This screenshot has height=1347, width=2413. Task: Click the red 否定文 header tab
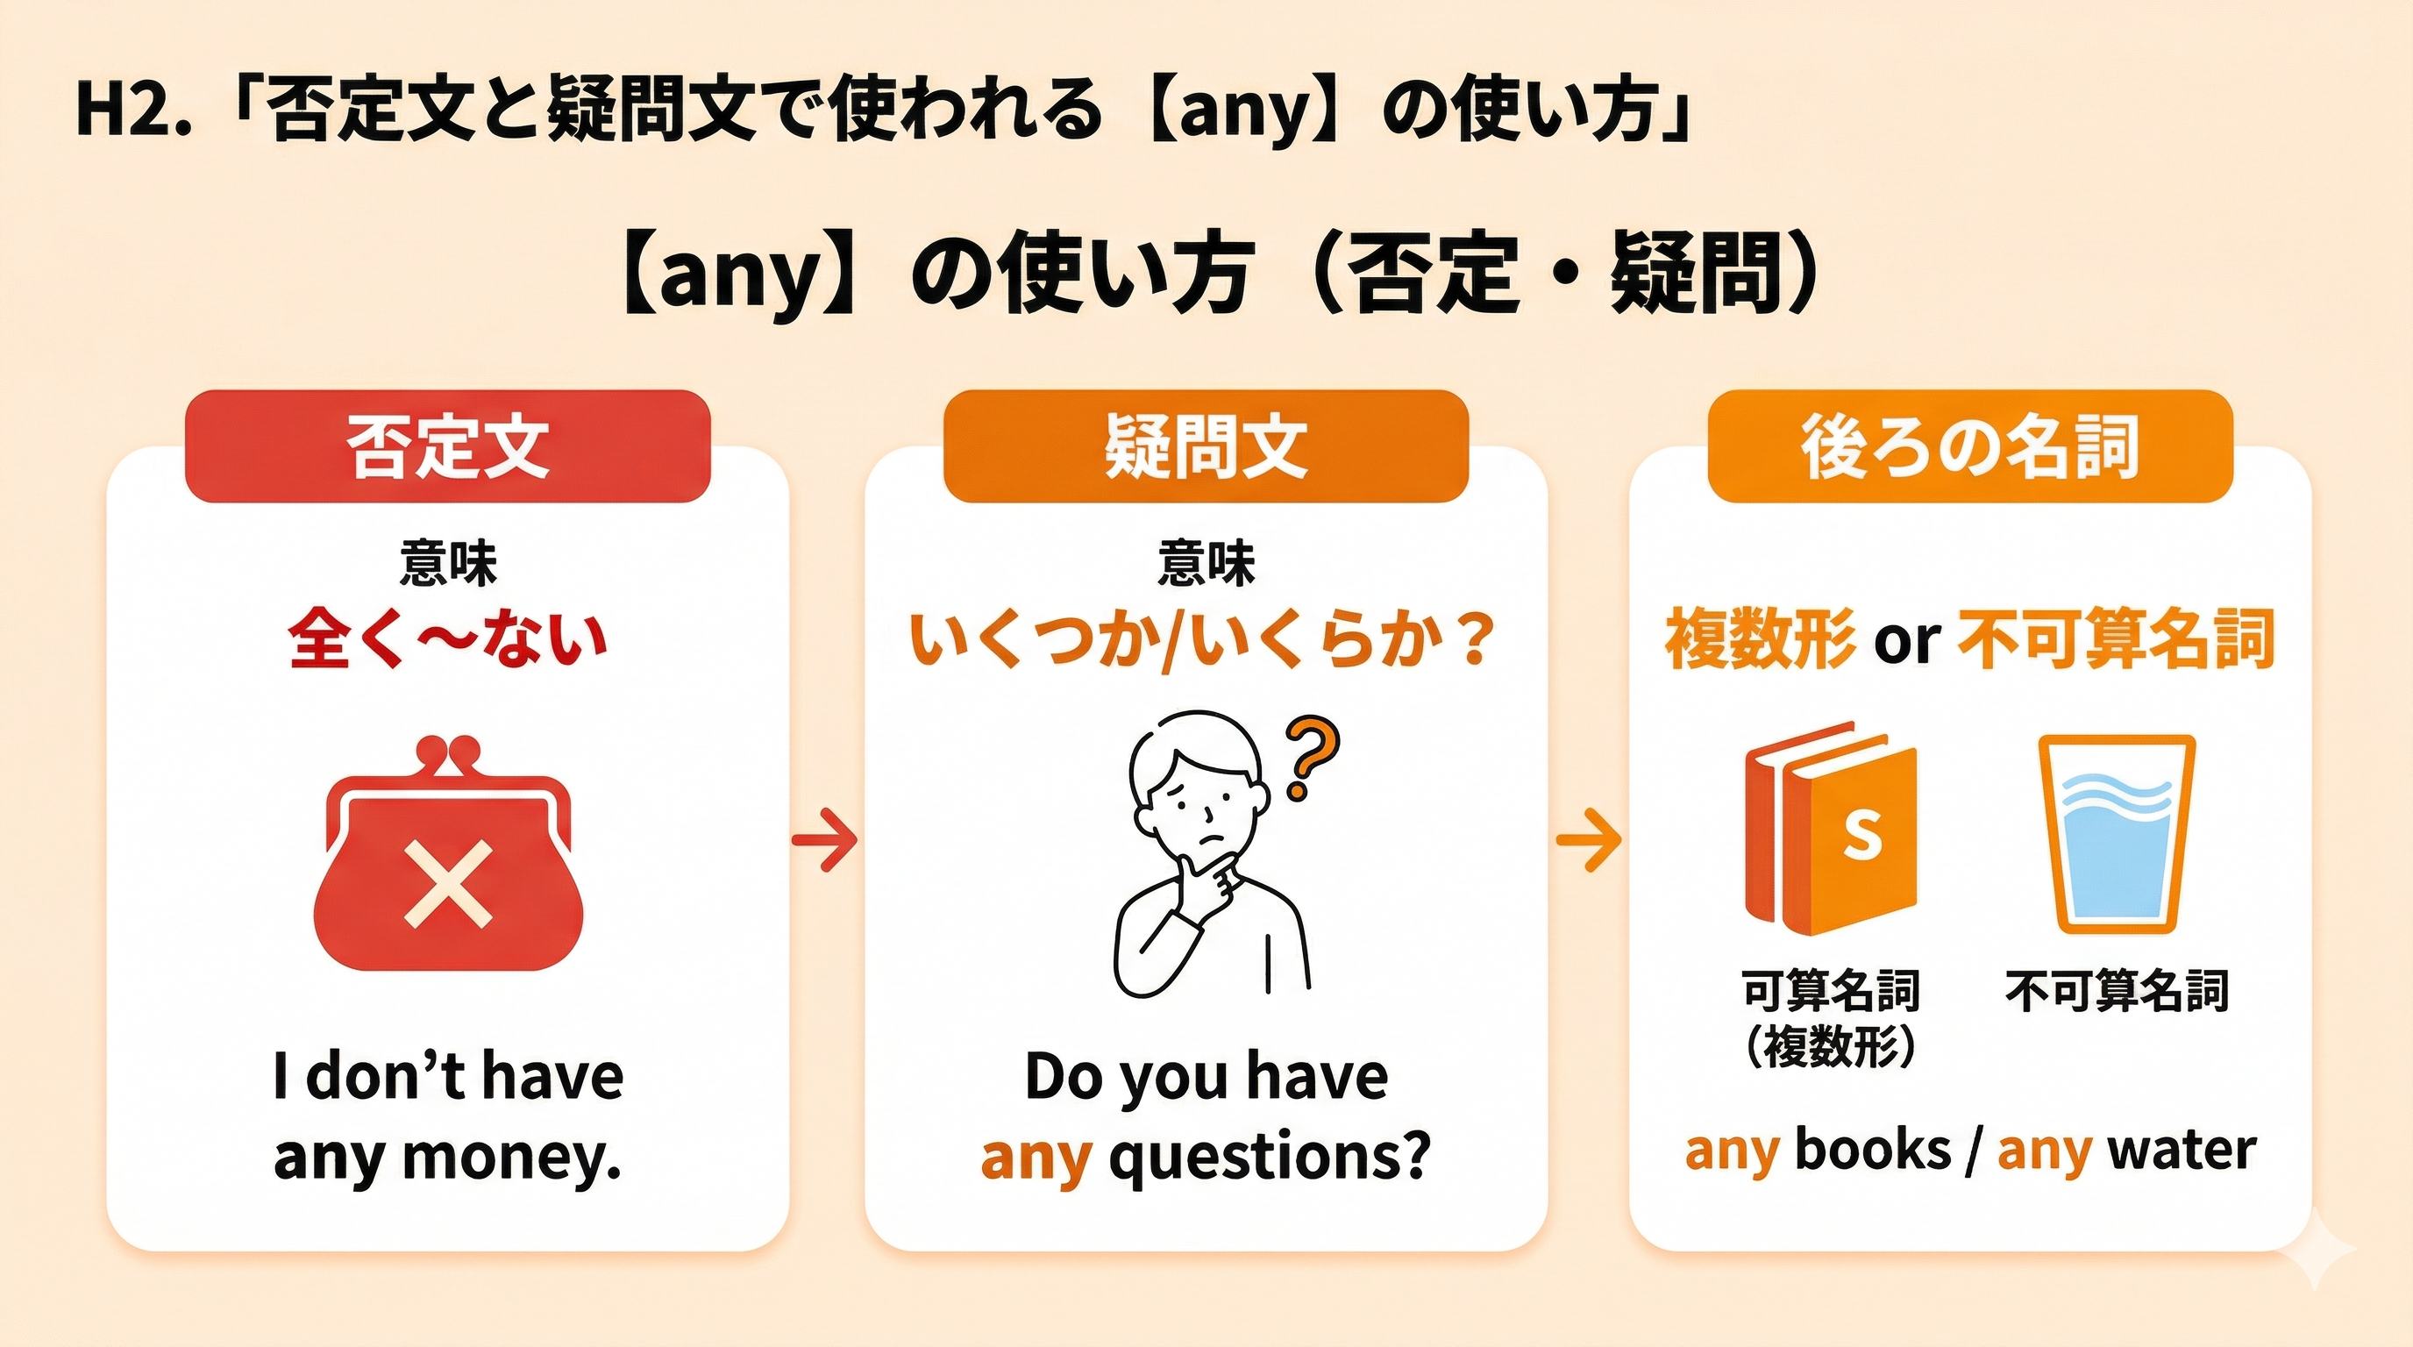point(448,445)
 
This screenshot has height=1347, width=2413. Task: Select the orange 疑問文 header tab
point(1206,445)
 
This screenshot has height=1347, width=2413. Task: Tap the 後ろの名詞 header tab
point(1970,445)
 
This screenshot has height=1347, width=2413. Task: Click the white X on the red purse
point(448,882)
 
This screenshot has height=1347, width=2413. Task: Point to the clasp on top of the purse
point(448,754)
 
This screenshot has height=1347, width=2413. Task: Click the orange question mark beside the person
point(1311,758)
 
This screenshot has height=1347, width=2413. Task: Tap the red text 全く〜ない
point(448,641)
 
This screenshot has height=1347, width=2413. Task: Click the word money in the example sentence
point(512,1158)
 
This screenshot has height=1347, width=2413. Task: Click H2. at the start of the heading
point(133,110)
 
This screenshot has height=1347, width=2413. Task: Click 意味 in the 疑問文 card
point(1206,564)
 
